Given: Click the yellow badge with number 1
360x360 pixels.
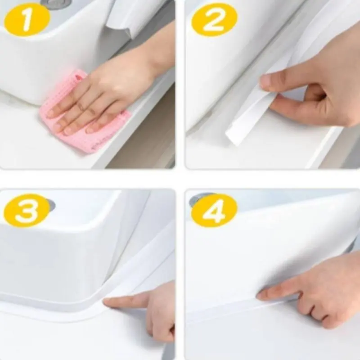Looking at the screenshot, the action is coord(27,20).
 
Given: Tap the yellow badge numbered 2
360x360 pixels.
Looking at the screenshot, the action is coord(214,20).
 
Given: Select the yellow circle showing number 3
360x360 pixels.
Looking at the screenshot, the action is coord(27,211).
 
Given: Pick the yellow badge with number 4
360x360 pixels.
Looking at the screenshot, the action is coord(214,211).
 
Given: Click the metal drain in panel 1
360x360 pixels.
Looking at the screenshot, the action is coord(55,4).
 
